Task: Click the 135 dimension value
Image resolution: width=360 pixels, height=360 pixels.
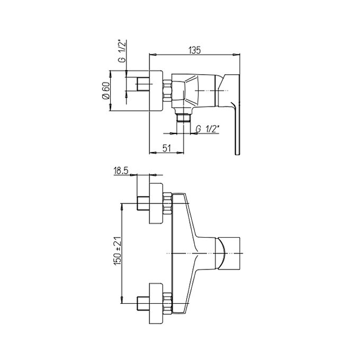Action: tap(194, 50)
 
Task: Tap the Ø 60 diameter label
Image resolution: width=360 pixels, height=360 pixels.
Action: tap(106, 90)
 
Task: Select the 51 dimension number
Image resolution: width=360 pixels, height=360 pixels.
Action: tap(167, 148)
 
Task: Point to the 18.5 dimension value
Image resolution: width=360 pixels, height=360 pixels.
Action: tap(121, 171)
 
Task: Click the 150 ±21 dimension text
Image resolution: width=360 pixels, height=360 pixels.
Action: tap(117, 251)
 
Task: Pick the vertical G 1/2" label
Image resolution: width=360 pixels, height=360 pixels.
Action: tap(122, 51)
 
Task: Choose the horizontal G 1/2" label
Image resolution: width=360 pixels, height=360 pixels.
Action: tap(207, 129)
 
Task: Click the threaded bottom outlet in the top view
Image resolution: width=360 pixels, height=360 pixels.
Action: tap(184, 117)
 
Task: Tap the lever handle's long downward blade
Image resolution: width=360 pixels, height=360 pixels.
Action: tap(237, 129)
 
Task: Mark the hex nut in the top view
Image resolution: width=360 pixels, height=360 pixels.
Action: tap(167, 90)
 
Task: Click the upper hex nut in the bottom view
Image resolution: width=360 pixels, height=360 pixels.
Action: tap(167, 203)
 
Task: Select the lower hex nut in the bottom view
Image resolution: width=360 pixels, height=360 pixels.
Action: tap(167, 303)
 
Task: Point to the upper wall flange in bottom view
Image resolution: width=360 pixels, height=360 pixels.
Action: tap(156, 203)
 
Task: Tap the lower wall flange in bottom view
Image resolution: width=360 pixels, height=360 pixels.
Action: tap(156, 303)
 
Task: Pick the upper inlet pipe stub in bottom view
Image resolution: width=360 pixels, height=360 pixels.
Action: tap(143, 203)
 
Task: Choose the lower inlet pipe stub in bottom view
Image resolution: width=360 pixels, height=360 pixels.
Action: tap(143, 303)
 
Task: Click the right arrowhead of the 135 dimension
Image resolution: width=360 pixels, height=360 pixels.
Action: tap(237, 54)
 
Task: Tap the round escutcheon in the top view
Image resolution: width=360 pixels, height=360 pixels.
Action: tap(156, 90)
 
